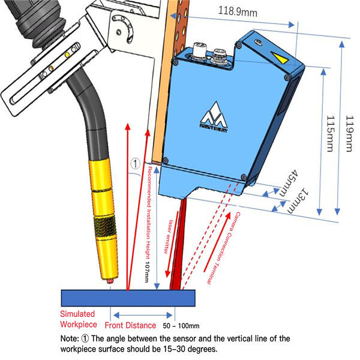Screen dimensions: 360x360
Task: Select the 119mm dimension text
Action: click(x=347, y=136)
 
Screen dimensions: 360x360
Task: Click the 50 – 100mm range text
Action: click(x=181, y=326)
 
